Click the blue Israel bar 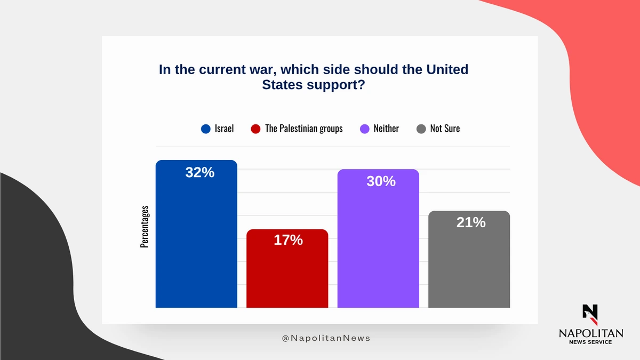coord(196,234)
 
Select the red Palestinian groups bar coord(287,268)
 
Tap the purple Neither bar coord(378,238)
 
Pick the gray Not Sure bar coord(469,259)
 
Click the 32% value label coord(199,172)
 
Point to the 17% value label coord(288,240)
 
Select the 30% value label coord(381,181)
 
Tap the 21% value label coord(471,222)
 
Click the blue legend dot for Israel coord(206,129)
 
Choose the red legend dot coord(255,129)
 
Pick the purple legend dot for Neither coord(365,129)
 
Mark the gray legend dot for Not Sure coord(421,129)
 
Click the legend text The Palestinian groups coord(303,129)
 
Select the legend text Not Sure coord(445,129)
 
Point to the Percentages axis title coord(145,227)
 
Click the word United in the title coord(447,69)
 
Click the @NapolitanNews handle coord(326,338)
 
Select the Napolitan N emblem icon coord(590,315)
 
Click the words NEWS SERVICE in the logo coord(590,342)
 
